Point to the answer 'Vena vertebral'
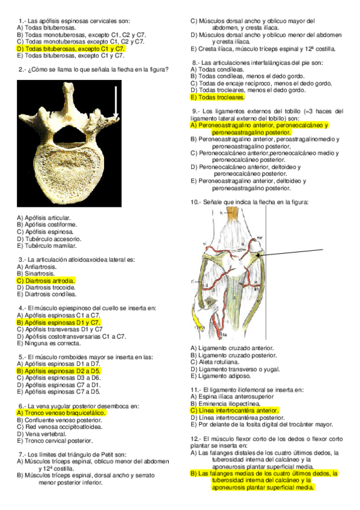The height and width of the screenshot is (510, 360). (42, 433)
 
